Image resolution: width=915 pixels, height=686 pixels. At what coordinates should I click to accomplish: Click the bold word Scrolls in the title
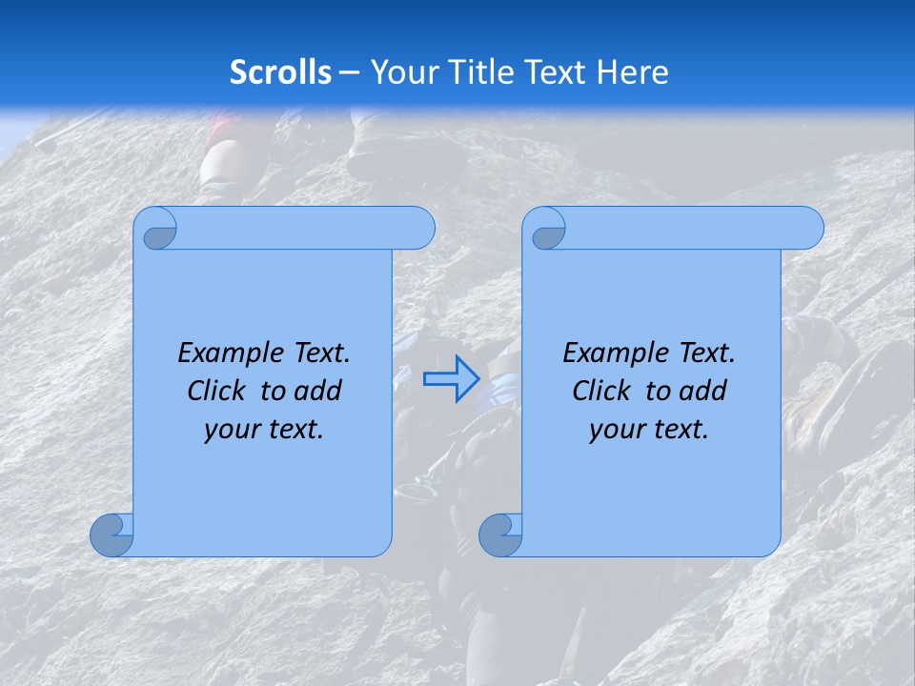click(x=281, y=72)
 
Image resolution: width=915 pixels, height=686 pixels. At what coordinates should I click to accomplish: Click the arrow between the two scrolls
click(x=452, y=379)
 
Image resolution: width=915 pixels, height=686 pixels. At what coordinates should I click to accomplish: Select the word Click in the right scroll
click(x=601, y=391)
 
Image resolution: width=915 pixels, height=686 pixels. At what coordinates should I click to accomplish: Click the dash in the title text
click(x=350, y=72)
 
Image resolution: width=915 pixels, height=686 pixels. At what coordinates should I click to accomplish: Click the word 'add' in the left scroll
click(x=318, y=391)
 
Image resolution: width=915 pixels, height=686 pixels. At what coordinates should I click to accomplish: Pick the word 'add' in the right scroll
click(x=703, y=391)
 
